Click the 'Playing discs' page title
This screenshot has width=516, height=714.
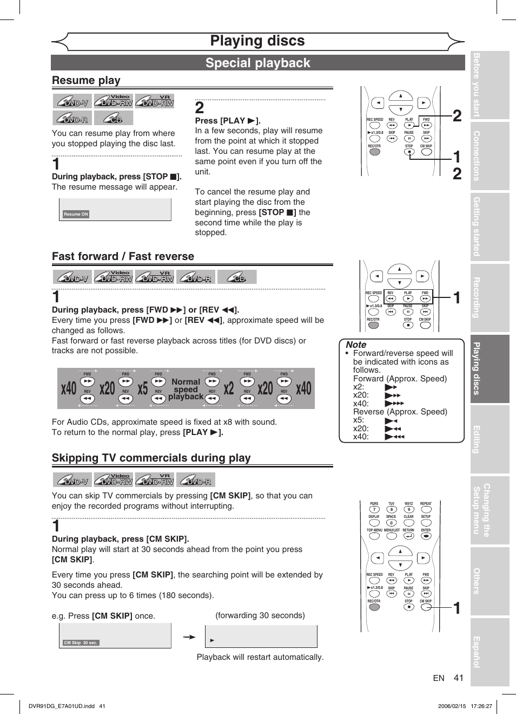[257, 41]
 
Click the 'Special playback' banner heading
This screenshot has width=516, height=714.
[257, 63]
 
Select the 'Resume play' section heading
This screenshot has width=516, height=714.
[86, 80]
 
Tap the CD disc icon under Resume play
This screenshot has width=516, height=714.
[114, 118]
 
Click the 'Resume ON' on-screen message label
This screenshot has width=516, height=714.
[76, 214]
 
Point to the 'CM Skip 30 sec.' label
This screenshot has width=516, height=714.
[81, 642]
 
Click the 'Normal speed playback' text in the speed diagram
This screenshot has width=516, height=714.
[186, 389]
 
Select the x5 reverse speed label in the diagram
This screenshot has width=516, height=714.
[143, 388]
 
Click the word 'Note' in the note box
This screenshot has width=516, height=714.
[356, 345]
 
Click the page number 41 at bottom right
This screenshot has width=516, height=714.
[459, 678]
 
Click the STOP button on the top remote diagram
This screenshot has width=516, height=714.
[409, 152]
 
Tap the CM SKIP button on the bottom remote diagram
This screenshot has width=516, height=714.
[426, 607]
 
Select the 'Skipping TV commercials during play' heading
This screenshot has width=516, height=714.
[151, 458]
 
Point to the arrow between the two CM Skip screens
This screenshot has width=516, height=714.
[189, 637]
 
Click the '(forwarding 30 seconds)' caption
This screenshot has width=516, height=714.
[260, 615]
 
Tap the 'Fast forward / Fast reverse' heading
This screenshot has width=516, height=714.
[123, 256]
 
